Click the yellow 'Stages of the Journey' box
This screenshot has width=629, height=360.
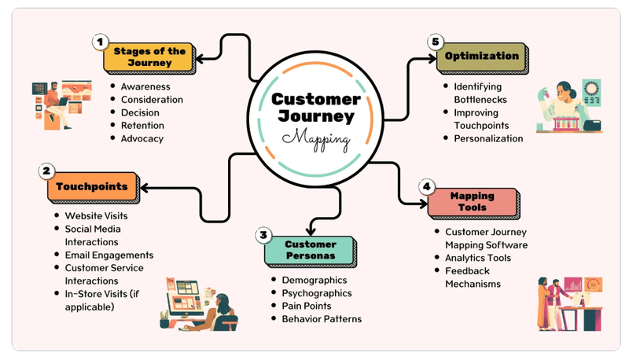point(149,57)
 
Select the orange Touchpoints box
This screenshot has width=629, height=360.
point(93,187)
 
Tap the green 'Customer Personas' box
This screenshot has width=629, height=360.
point(311,251)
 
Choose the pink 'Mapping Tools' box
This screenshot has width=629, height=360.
point(473,202)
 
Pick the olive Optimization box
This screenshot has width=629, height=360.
point(482,57)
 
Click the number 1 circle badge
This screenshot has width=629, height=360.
point(101,42)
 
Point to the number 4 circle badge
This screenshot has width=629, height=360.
point(426,186)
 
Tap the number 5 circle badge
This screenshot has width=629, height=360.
point(436,42)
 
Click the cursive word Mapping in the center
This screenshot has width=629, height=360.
point(316,139)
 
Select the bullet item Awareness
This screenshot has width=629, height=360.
point(145,86)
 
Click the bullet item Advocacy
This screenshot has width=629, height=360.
point(142,138)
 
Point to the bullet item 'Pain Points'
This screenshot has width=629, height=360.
point(307,306)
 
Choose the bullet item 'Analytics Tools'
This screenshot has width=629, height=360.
point(478,258)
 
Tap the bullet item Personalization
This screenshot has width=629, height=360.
point(488,138)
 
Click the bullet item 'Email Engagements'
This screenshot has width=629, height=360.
point(109,255)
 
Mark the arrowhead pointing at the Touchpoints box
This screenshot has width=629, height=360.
point(144,188)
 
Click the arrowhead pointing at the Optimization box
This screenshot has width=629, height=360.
point(432,58)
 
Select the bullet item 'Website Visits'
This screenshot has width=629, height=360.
point(96,216)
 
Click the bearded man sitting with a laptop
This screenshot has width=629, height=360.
point(56,105)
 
